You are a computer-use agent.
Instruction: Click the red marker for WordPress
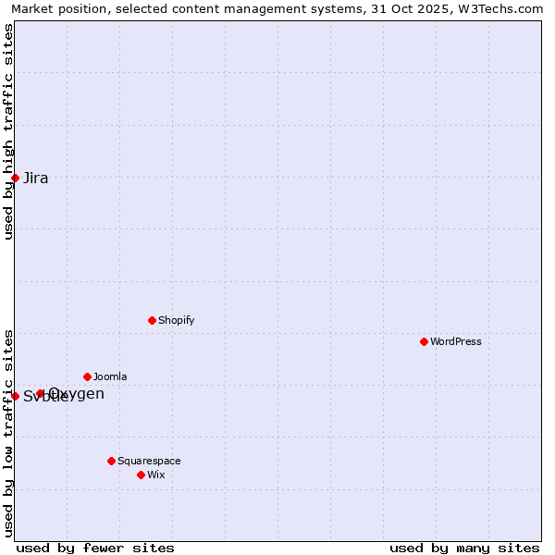click(424, 341)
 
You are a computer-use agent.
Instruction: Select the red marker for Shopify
click(152, 320)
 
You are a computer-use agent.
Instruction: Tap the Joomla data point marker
click(87, 376)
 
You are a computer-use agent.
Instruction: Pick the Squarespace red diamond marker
click(111, 461)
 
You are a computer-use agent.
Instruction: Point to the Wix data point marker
click(141, 475)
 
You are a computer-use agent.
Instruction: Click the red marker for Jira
click(15, 178)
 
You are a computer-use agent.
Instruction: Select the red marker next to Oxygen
click(40, 393)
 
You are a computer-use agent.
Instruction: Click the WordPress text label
click(456, 341)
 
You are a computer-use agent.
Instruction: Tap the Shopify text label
click(176, 320)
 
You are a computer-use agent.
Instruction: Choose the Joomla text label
click(110, 376)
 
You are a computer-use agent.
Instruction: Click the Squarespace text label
click(149, 461)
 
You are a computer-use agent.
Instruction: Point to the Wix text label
click(155, 475)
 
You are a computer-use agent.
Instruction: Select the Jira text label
click(36, 178)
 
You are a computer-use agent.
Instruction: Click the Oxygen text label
click(77, 394)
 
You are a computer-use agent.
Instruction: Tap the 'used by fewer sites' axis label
click(95, 548)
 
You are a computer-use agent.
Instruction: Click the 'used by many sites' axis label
click(464, 548)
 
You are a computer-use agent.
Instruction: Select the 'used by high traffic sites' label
click(8, 131)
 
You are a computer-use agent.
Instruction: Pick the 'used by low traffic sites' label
click(8, 433)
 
